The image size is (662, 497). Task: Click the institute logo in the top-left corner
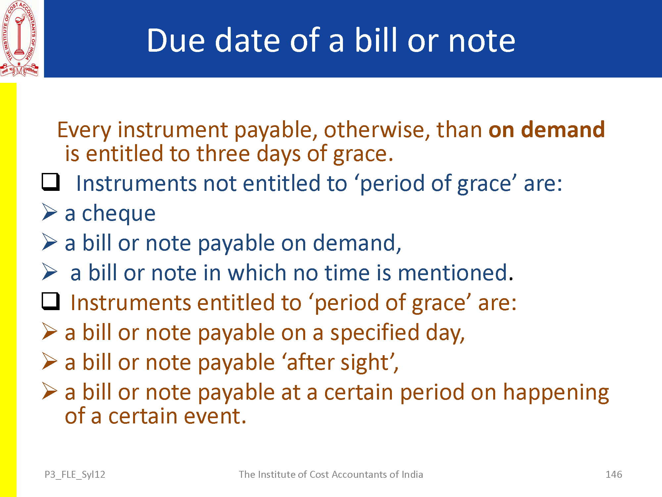[x=19, y=38]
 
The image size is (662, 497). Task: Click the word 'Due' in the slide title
[x=176, y=40]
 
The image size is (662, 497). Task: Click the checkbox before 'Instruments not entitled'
[x=51, y=182]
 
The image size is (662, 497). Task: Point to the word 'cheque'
[x=118, y=214]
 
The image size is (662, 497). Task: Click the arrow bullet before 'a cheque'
[x=50, y=212]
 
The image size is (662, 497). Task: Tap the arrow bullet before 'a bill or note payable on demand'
[x=50, y=242]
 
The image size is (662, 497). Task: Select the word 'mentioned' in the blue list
[x=452, y=273]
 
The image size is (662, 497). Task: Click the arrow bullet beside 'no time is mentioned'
[x=50, y=272]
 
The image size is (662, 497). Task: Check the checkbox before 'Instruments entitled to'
[x=51, y=301]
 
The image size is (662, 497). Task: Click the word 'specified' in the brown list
[x=375, y=333]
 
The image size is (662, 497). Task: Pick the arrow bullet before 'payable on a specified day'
[x=50, y=331]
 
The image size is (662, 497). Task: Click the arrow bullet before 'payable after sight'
[x=50, y=361]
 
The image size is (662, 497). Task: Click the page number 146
[x=614, y=474]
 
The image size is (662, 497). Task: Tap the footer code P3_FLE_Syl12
[x=75, y=475]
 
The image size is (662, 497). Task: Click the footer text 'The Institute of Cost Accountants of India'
[x=331, y=474]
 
